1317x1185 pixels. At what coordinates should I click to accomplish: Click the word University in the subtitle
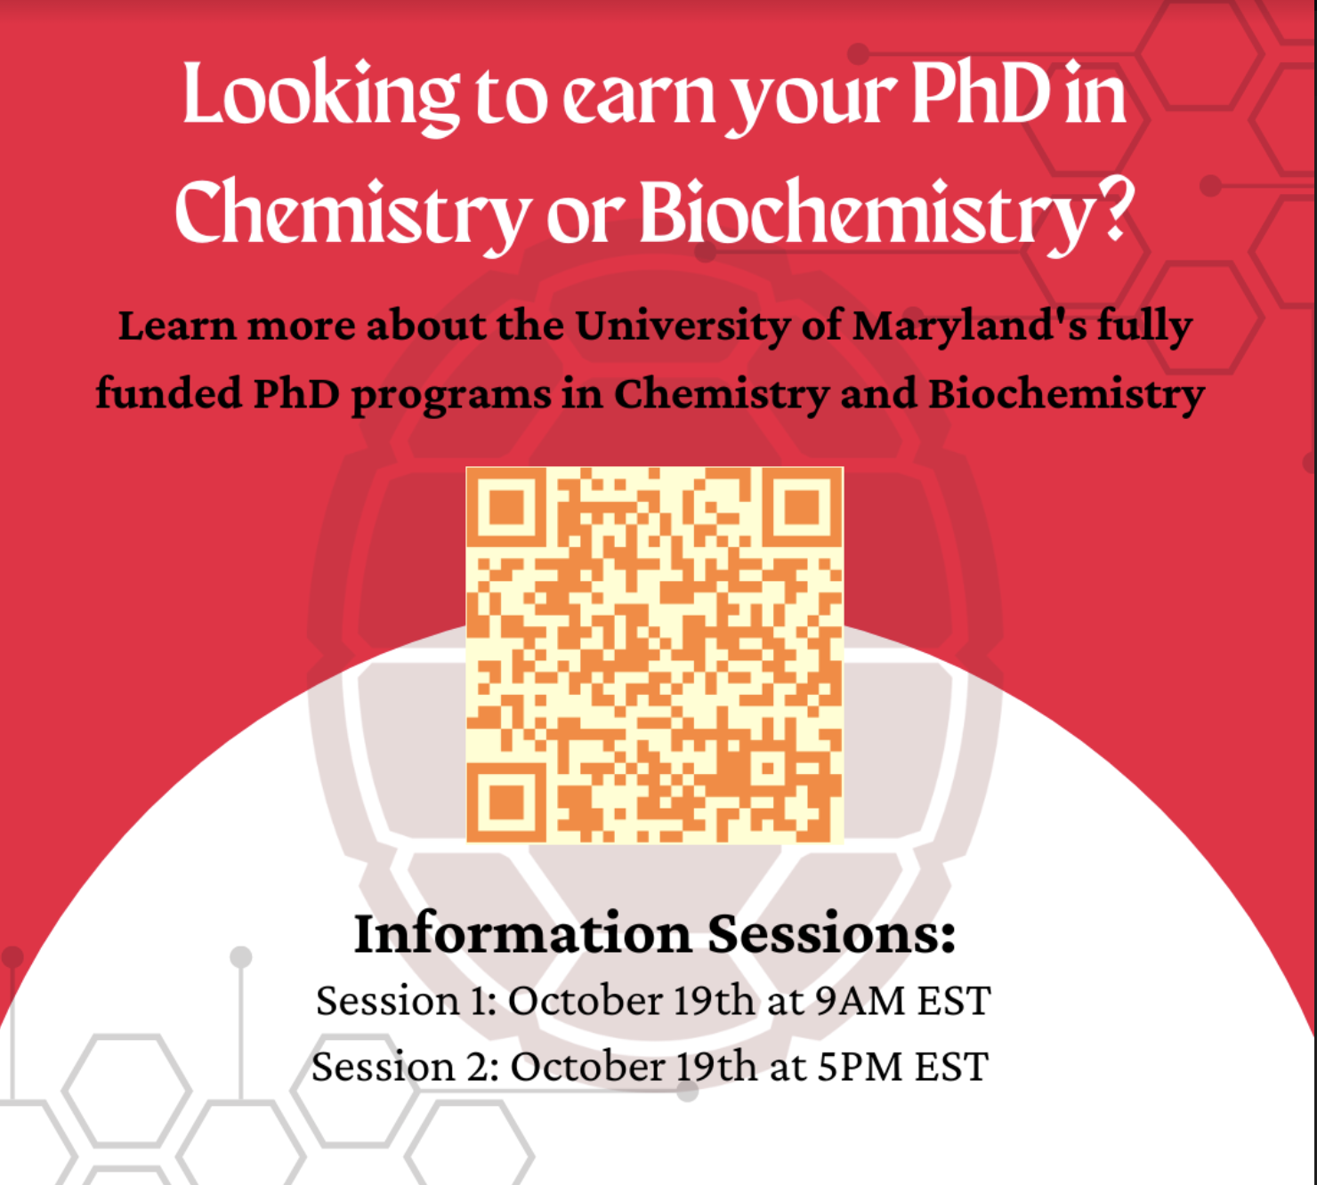[x=683, y=326]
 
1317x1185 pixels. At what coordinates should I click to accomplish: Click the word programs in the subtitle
[x=452, y=396]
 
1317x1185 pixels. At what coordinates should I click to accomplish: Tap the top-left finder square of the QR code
[x=506, y=507]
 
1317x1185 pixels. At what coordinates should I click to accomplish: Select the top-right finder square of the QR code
[x=803, y=507]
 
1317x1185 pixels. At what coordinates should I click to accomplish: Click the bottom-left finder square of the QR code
[x=506, y=802]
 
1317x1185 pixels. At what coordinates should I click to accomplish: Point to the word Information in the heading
[x=523, y=933]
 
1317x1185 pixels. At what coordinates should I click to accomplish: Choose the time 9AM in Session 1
[x=860, y=1001]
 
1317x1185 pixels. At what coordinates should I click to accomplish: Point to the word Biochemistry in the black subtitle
[x=1067, y=394]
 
